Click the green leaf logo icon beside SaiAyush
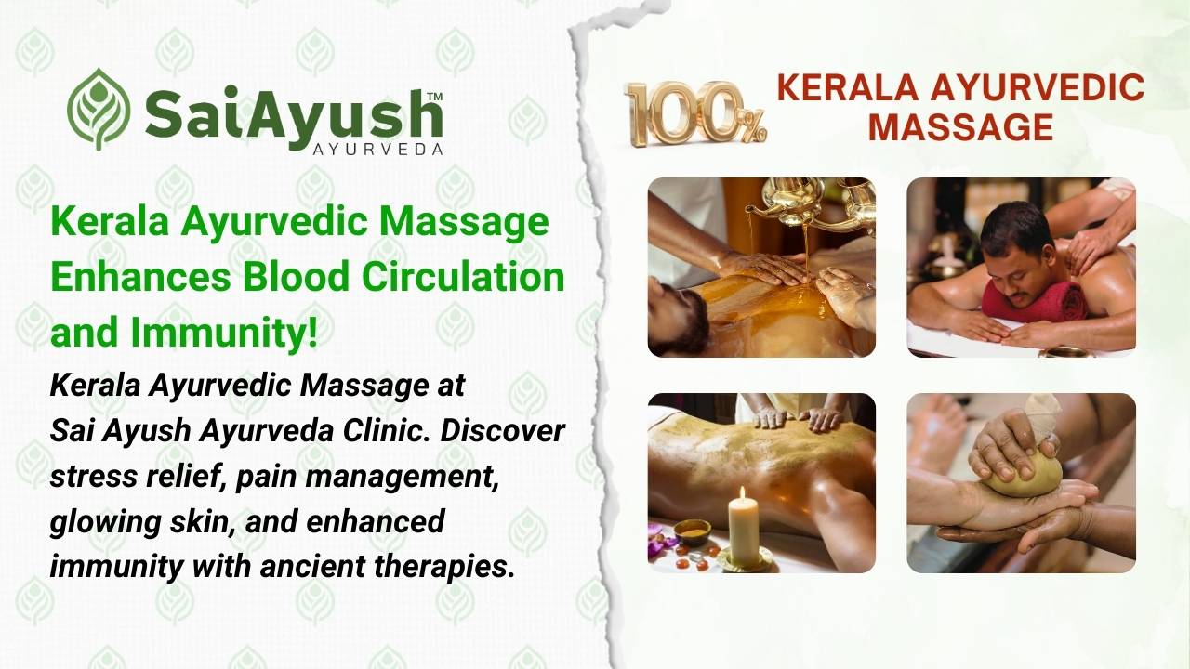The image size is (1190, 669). [99, 109]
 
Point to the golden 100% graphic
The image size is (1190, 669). [695, 113]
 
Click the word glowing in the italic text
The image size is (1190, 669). [93, 521]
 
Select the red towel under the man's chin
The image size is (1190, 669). [1035, 301]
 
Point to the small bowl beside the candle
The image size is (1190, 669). [692, 531]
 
